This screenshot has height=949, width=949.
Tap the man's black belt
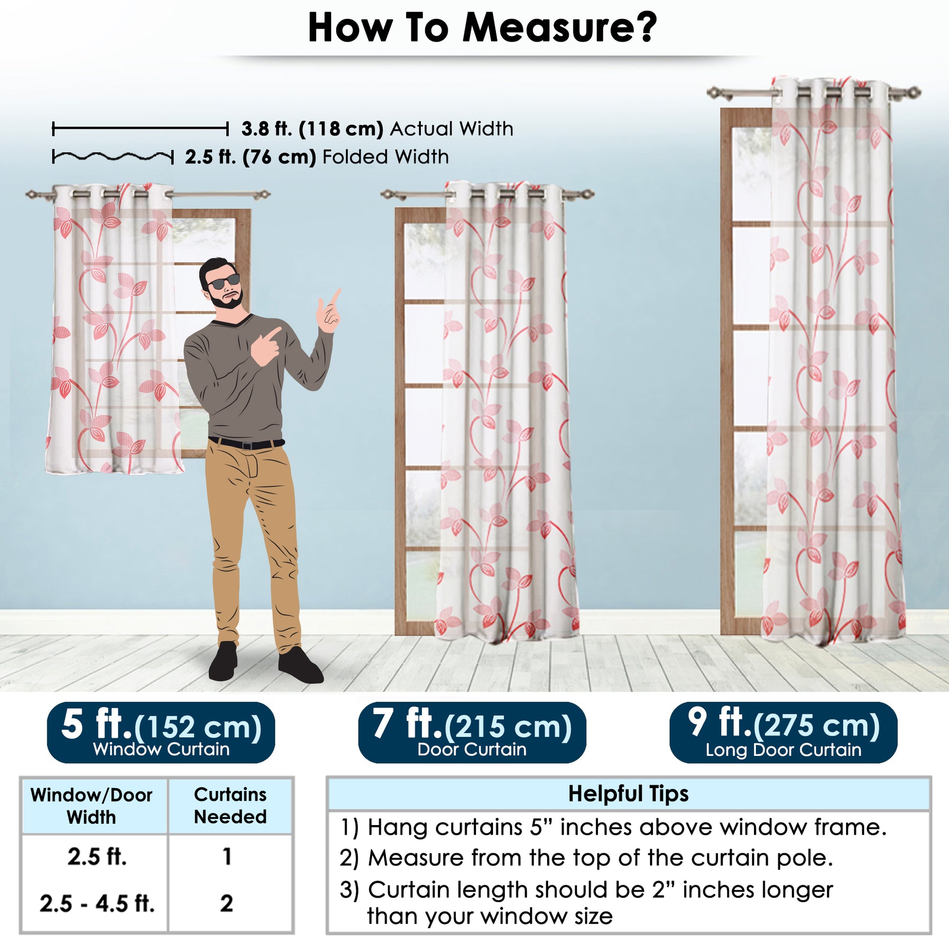(247, 443)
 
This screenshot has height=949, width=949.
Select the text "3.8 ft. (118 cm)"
(313, 129)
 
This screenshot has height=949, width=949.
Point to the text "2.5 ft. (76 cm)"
(251, 157)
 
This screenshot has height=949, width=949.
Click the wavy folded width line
(113, 157)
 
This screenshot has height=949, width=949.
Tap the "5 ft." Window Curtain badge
(160, 732)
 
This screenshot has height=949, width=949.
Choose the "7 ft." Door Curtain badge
(472, 732)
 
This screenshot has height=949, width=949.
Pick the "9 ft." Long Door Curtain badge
(784, 732)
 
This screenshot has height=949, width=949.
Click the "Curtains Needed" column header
(230, 806)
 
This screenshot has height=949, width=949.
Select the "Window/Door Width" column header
(92, 806)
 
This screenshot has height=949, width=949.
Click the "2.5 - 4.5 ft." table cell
(97, 904)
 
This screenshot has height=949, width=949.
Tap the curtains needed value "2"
(226, 903)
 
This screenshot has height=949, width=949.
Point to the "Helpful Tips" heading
(628, 793)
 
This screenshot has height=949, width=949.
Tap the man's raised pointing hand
(330, 312)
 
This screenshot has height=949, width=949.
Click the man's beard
(227, 297)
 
